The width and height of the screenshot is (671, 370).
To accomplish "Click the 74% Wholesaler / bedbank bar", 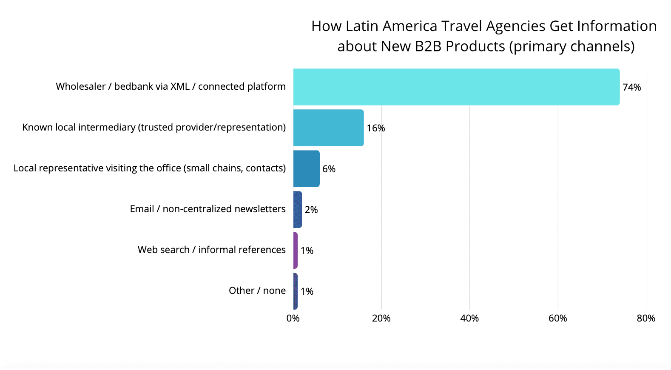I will [x=456, y=87].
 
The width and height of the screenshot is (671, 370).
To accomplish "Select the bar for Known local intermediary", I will [x=328, y=128].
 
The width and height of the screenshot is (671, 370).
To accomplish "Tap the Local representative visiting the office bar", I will [x=306, y=168].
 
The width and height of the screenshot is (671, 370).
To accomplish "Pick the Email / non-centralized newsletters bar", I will [x=298, y=209].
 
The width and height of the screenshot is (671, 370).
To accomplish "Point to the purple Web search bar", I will [x=296, y=250].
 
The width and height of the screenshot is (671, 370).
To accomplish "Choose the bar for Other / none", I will [x=296, y=291].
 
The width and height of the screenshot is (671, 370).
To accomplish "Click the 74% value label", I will [x=631, y=87].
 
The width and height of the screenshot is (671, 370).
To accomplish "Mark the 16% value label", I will [x=376, y=128].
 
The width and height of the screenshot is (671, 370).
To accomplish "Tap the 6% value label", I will [x=329, y=169].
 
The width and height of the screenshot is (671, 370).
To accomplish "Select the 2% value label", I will [x=311, y=210].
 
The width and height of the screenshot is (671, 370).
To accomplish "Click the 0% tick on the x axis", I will [x=293, y=318].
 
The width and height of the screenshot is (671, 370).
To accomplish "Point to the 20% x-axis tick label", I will [x=381, y=318].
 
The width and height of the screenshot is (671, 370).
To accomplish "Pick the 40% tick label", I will [x=469, y=318].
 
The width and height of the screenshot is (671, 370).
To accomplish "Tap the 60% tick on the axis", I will [x=557, y=318].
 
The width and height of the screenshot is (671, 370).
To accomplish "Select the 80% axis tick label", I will [x=646, y=318].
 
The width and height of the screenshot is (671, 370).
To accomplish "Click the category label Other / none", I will [x=257, y=290].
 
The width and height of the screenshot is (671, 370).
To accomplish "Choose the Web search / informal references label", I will [x=211, y=250].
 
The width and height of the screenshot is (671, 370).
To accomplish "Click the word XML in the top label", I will [x=180, y=86].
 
